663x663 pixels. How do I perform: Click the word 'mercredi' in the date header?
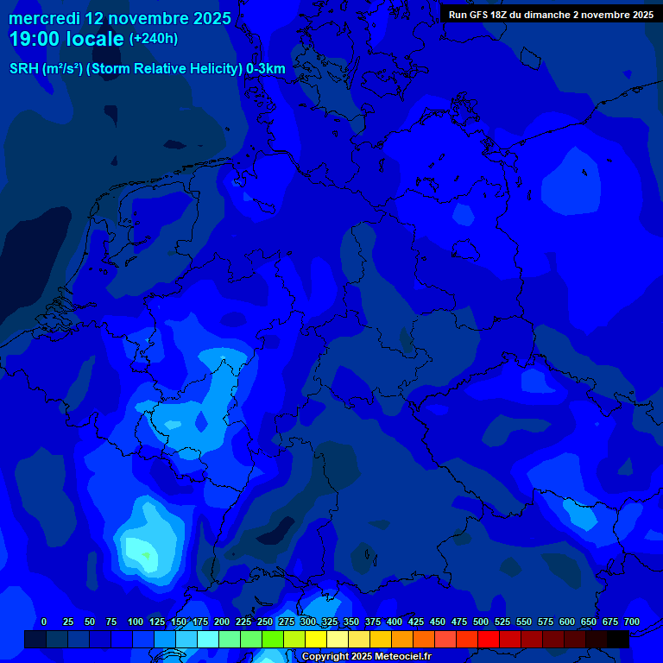click(44, 18)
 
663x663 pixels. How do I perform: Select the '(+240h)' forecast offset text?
click(154, 39)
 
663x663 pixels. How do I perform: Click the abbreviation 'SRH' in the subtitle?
click(24, 69)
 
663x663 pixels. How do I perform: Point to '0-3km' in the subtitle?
click(266, 69)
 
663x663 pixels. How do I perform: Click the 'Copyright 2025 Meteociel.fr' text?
click(366, 657)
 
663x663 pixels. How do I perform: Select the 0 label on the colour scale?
click(44, 622)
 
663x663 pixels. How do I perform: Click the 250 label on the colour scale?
click(265, 622)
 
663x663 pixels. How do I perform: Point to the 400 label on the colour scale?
click(395, 622)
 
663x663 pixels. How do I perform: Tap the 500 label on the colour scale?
click(481, 622)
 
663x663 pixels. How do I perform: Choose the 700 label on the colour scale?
click(632, 622)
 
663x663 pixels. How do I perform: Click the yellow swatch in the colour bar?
click(316, 640)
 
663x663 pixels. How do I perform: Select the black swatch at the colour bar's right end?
click(618, 640)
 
